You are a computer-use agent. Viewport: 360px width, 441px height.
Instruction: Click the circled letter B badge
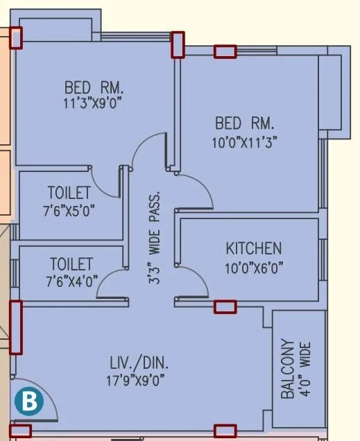click(28, 400)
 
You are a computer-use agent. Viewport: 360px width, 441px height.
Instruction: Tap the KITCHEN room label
click(254, 248)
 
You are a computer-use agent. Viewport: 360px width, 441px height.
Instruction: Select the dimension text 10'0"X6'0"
click(254, 266)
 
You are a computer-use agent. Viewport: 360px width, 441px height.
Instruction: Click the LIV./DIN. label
click(139, 363)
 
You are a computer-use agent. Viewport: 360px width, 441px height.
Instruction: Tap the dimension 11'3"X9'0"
click(94, 104)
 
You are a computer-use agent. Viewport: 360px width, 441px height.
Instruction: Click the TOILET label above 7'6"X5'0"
click(69, 192)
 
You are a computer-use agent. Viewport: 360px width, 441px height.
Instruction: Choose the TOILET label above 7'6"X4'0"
click(71, 264)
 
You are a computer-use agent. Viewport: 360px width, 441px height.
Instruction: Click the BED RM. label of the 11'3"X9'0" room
click(94, 88)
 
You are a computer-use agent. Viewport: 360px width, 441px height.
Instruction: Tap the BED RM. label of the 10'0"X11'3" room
click(245, 124)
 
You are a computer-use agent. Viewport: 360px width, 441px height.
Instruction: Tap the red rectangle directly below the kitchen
click(225, 306)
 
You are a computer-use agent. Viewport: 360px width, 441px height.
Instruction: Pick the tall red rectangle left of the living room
click(15, 327)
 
